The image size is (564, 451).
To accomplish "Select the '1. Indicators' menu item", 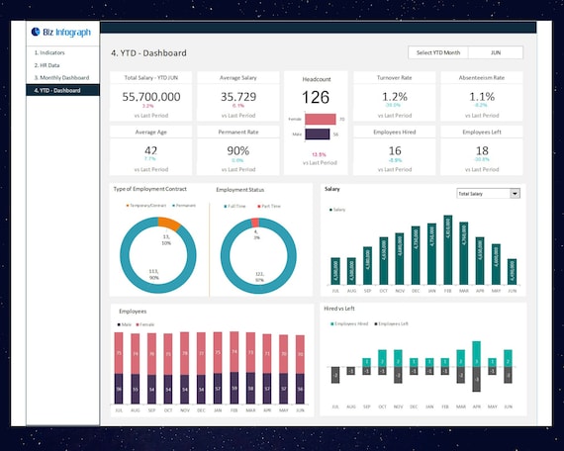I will click(x=49, y=52).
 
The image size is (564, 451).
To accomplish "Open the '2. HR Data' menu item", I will click(x=47, y=65).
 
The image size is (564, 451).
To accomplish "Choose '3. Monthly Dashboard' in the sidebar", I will click(x=61, y=77).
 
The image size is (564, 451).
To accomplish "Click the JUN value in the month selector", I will click(x=494, y=52).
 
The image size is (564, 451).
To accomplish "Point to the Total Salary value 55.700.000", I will click(x=151, y=96).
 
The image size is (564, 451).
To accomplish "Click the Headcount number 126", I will click(x=316, y=97).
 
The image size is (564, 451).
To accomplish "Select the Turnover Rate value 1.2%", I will click(x=395, y=96).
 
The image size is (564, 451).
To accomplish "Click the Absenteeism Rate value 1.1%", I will click(x=481, y=96).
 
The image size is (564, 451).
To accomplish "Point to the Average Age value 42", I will click(x=151, y=149).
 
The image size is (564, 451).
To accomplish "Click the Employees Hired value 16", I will click(x=395, y=149).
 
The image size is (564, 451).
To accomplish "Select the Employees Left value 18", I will click(x=481, y=149).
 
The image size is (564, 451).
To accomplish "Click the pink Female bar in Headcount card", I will click(x=320, y=119).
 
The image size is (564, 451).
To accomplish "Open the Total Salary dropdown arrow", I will click(x=515, y=194).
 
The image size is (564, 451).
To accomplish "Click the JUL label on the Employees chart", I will click(x=119, y=409).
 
